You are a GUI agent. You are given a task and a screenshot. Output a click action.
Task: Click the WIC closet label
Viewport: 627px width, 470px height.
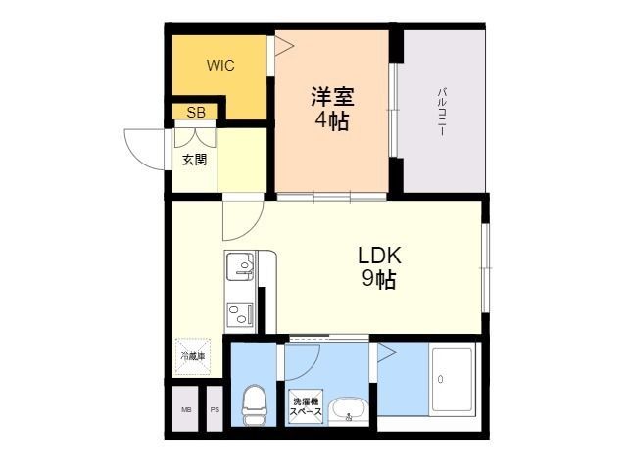[x=219, y=66]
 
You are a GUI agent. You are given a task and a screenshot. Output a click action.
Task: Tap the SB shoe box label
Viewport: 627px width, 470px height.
[x=195, y=112]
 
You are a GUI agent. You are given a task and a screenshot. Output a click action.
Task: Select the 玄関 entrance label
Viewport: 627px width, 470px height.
[x=194, y=160]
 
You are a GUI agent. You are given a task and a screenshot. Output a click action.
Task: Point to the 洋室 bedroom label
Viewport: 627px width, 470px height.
[x=332, y=98]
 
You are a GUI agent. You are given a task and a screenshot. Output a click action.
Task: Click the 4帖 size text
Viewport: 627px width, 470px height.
[x=332, y=121]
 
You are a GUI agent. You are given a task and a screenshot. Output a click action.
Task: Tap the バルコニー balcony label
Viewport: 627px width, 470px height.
[x=443, y=109]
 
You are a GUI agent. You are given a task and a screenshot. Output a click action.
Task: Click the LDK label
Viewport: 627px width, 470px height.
[x=379, y=256]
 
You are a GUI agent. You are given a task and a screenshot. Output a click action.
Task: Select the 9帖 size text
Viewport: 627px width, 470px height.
[x=379, y=280]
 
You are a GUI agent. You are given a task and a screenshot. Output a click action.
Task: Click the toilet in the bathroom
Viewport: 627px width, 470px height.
[x=253, y=404]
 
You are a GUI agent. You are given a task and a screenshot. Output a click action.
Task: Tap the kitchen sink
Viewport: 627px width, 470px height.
[x=240, y=264]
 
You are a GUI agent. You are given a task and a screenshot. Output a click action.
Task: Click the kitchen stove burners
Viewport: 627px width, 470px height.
[x=240, y=313]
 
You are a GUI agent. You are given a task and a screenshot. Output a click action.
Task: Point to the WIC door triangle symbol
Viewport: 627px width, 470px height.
[x=281, y=45]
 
